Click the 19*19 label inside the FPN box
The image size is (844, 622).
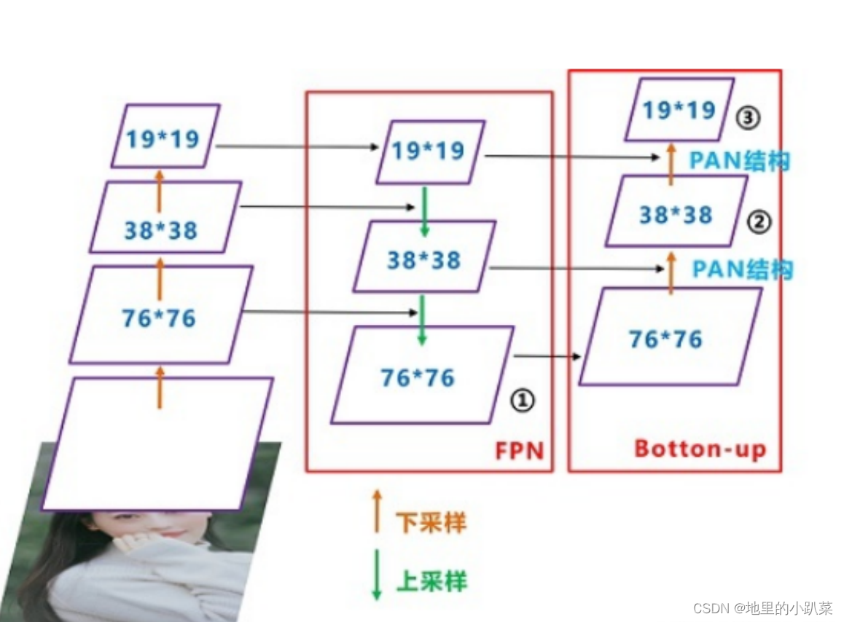(x=428, y=151)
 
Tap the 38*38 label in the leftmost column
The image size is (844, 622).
(x=160, y=230)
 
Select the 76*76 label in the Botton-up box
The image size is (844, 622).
(x=665, y=339)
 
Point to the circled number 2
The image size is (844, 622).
(x=759, y=222)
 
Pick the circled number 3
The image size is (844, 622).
(x=746, y=118)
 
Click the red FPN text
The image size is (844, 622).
(x=520, y=450)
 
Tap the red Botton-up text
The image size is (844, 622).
(x=700, y=449)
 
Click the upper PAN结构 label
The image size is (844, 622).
(x=739, y=161)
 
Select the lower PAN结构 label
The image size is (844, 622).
(x=742, y=269)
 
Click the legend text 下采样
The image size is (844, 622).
(x=431, y=521)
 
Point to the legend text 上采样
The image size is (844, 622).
(x=431, y=580)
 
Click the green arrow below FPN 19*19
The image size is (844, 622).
(x=424, y=210)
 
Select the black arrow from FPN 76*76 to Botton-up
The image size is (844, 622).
(x=547, y=356)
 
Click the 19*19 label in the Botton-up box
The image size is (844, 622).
(x=679, y=110)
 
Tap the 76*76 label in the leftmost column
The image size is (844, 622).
(x=159, y=318)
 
